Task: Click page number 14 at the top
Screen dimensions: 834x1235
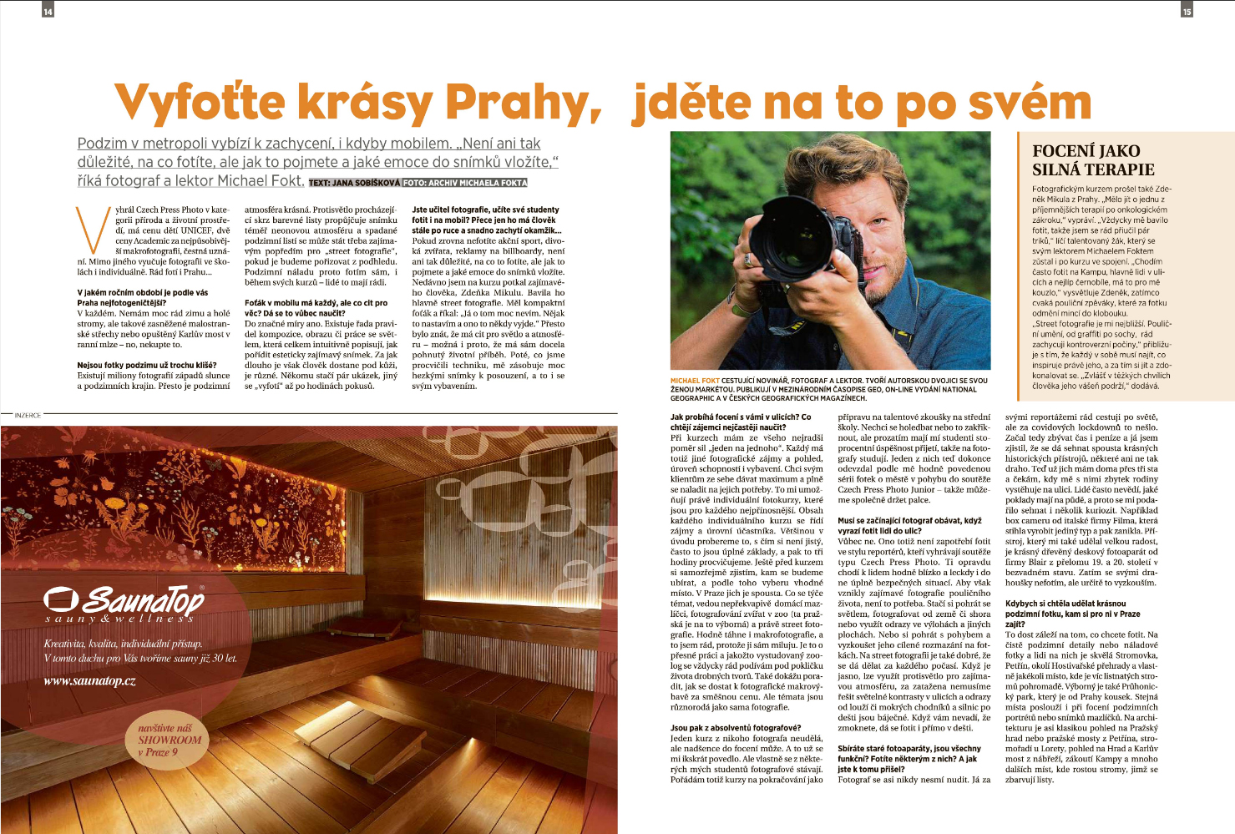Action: coord(48,11)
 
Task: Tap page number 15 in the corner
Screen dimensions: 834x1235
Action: coord(1187,11)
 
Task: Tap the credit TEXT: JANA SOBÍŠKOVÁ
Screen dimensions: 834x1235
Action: coord(354,183)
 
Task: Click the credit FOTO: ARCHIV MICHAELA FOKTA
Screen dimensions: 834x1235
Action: coord(465,183)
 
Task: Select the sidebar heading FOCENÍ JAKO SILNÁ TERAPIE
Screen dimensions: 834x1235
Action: coord(1093,159)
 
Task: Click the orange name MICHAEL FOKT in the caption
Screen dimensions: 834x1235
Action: coord(695,381)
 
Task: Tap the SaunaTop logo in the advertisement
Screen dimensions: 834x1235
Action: coord(123,602)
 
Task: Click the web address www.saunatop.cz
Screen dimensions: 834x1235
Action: coord(89,681)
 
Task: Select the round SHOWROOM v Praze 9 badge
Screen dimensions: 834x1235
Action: coord(170,740)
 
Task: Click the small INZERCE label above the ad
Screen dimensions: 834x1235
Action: coord(27,415)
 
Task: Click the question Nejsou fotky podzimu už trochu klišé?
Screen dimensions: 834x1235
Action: coord(147,365)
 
